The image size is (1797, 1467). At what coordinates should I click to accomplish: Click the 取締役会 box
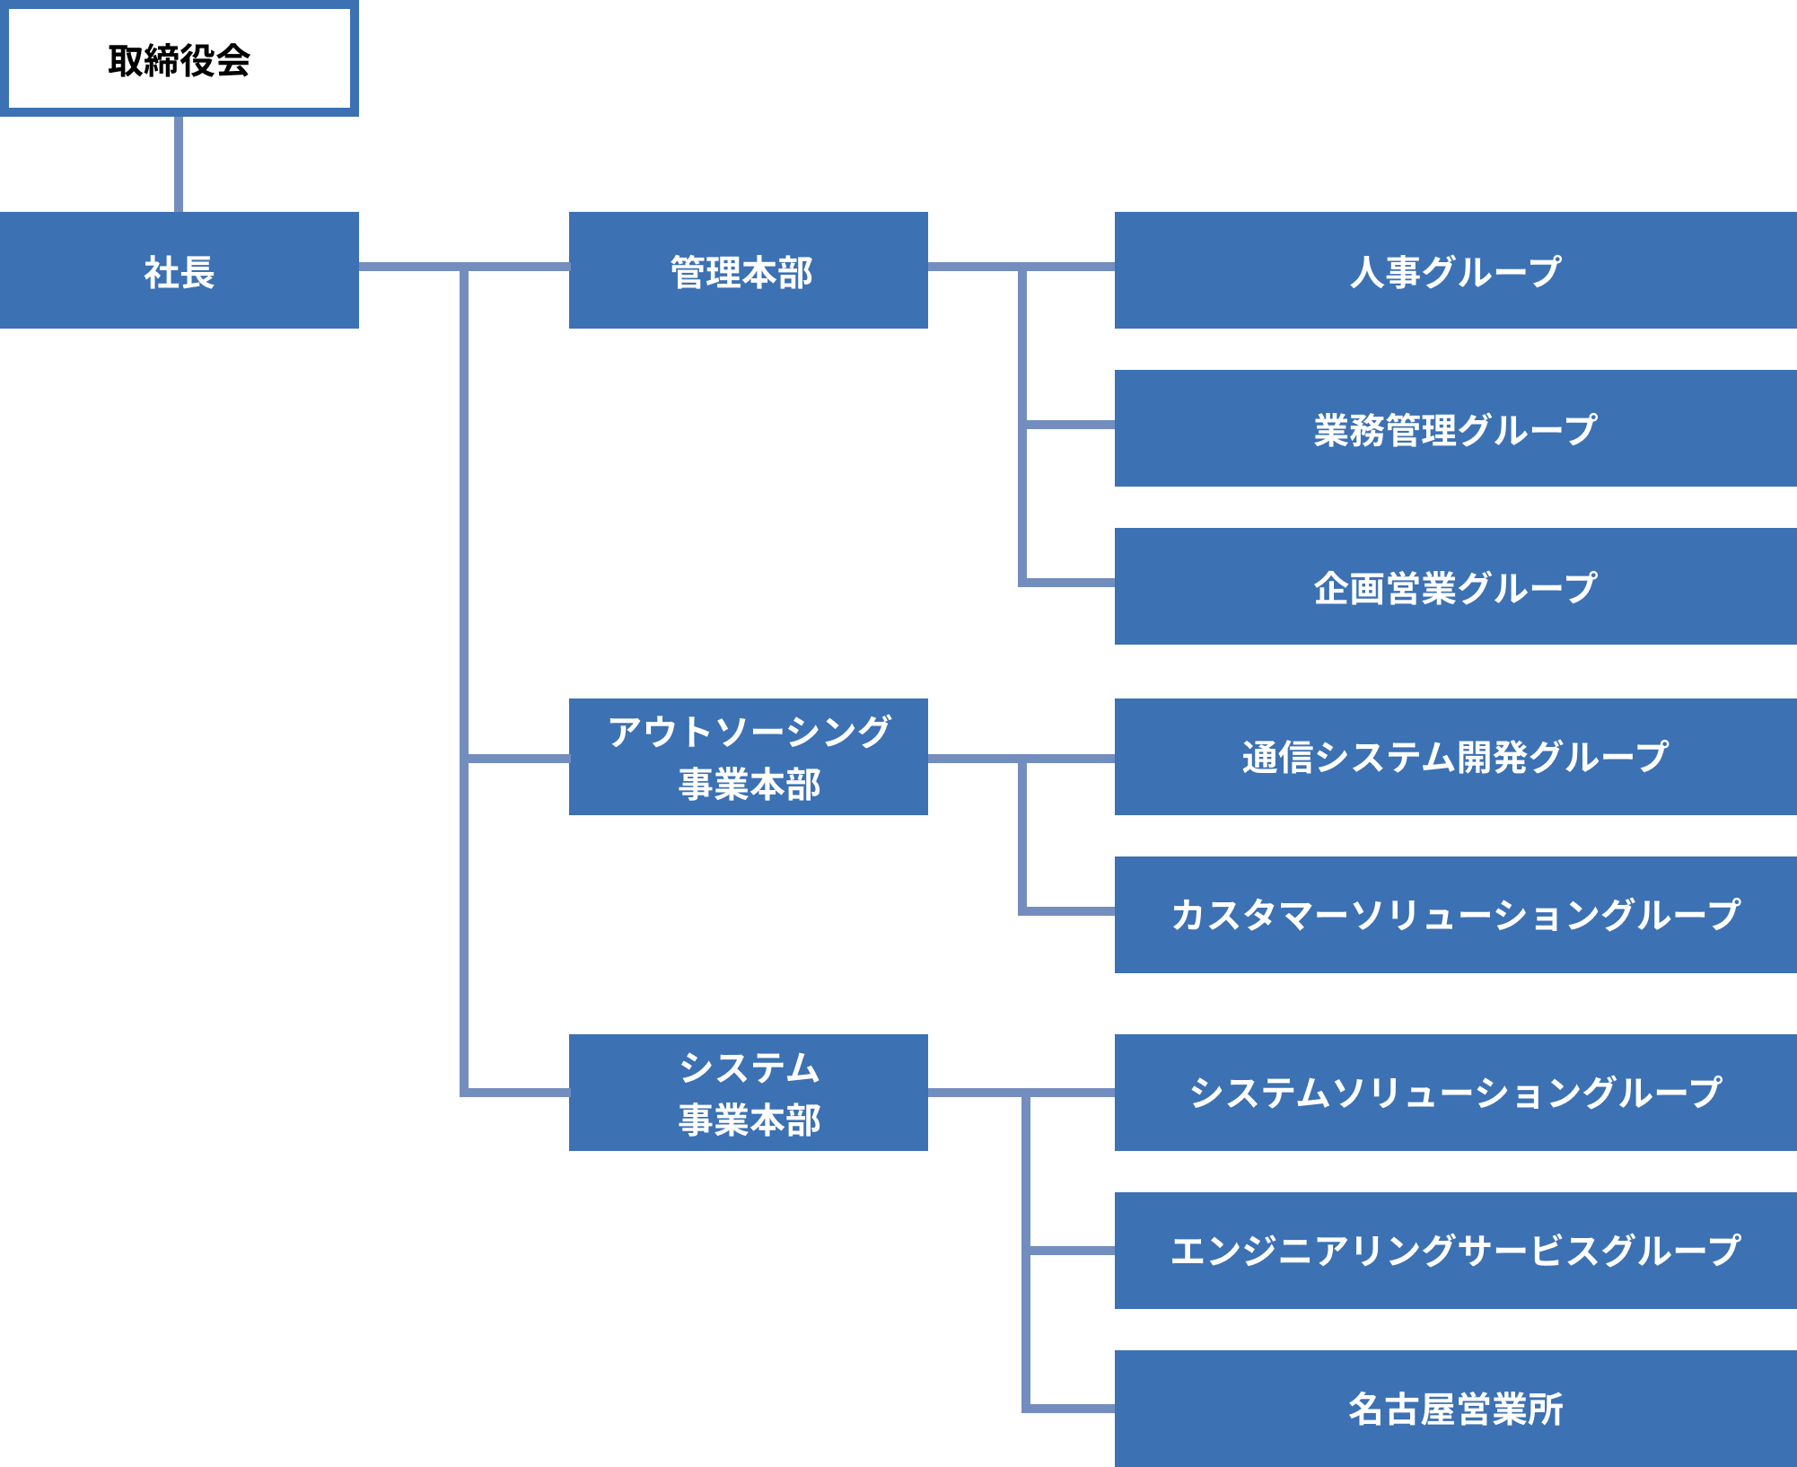click(x=179, y=58)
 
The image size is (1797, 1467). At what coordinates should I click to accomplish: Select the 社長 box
click(x=179, y=270)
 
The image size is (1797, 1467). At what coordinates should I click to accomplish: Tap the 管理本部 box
click(x=748, y=270)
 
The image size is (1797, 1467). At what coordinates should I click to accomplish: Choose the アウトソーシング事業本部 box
click(x=748, y=757)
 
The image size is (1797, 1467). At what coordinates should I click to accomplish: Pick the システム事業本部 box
click(x=748, y=1093)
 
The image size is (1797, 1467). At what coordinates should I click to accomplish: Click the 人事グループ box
click(x=1455, y=270)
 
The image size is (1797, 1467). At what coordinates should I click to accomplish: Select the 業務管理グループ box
click(x=1455, y=428)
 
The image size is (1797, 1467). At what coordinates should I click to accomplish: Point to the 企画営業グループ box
click(x=1455, y=586)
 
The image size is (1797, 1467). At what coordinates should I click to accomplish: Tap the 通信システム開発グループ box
click(x=1455, y=757)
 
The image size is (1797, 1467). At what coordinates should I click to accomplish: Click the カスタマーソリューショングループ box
click(x=1455, y=915)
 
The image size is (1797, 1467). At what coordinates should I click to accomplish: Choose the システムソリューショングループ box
click(x=1455, y=1093)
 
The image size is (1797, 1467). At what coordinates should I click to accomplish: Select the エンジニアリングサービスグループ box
click(x=1455, y=1251)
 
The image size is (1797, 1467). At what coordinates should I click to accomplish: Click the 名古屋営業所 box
click(x=1455, y=1409)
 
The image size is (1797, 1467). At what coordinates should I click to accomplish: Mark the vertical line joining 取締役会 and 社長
click(x=179, y=164)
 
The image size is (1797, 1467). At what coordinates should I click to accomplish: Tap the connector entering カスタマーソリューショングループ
click(x=1068, y=911)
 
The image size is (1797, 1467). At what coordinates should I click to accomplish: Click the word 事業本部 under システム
click(x=749, y=1120)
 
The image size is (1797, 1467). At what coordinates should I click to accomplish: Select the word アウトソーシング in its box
click(x=749, y=732)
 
